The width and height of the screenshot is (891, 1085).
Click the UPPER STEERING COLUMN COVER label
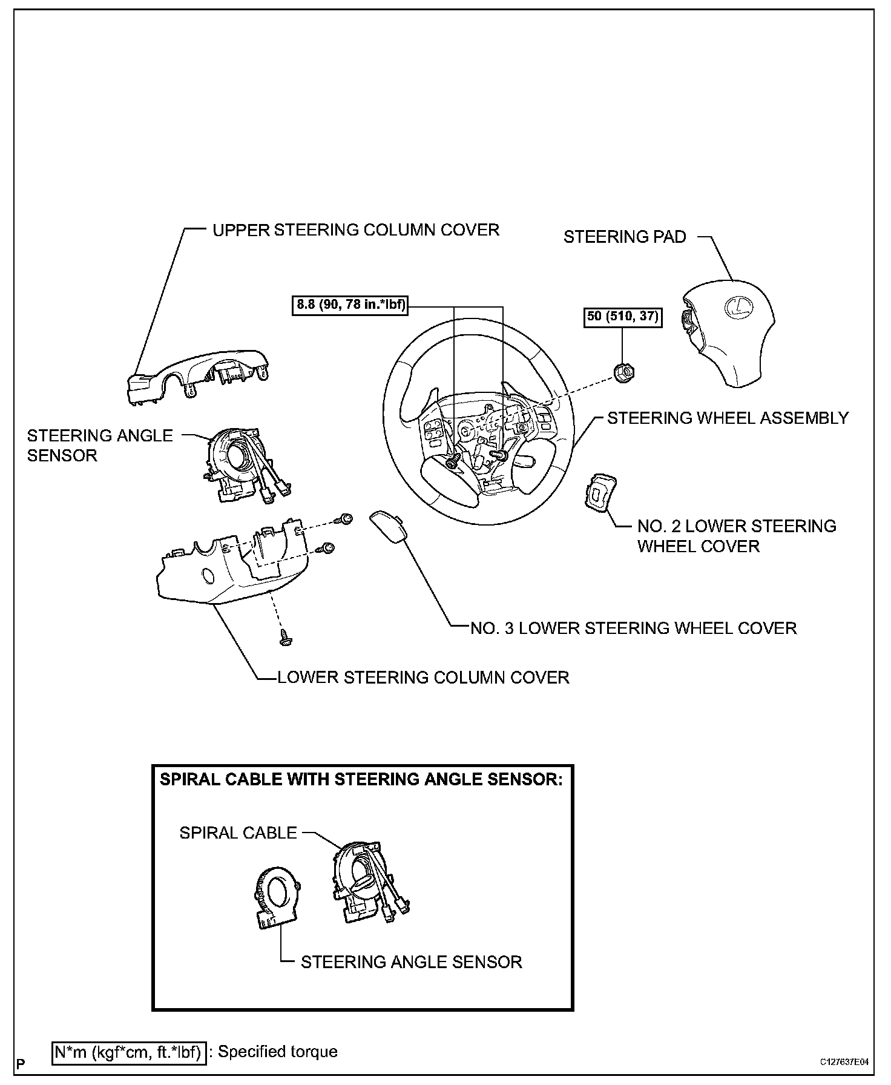click(355, 230)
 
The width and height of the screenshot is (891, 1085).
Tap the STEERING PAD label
click(625, 237)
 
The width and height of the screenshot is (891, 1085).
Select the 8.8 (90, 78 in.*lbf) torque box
click(350, 305)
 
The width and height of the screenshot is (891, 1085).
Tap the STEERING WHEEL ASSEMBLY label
click(728, 418)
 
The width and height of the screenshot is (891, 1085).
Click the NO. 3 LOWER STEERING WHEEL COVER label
click(633, 628)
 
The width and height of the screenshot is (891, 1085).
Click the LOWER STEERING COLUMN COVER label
click(423, 677)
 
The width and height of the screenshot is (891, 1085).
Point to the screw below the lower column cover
click(283, 636)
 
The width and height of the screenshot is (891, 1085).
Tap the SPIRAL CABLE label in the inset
click(238, 833)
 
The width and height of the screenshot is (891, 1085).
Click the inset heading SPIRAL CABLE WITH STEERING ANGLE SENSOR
click(361, 779)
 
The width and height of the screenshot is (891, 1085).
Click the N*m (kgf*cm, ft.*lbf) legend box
click(129, 1052)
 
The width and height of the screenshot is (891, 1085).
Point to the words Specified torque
click(277, 1052)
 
